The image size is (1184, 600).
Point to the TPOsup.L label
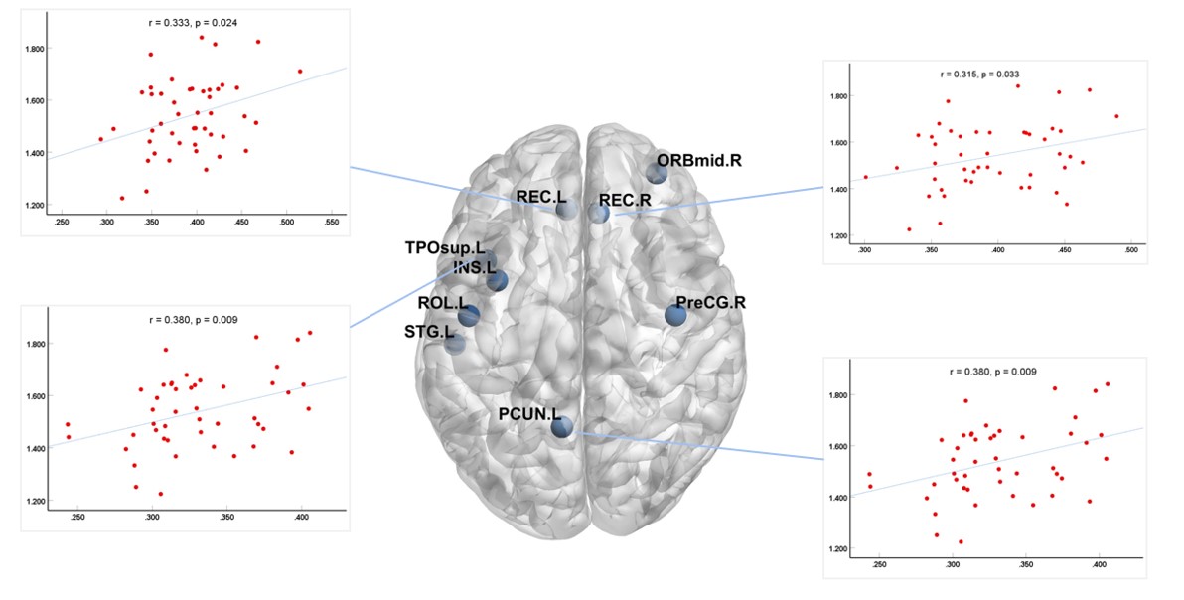click(x=443, y=246)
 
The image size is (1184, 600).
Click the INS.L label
click(x=473, y=267)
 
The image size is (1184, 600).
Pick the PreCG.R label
click(x=710, y=302)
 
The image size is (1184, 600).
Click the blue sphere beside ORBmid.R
click(x=657, y=173)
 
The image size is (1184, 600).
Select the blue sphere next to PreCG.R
click(x=675, y=316)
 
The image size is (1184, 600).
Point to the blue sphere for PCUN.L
click(x=561, y=428)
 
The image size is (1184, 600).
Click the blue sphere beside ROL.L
click(x=469, y=316)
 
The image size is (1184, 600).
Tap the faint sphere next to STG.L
click(x=454, y=345)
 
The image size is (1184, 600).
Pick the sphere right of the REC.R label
click(x=598, y=213)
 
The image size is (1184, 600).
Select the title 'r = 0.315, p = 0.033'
click(x=979, y=74)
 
